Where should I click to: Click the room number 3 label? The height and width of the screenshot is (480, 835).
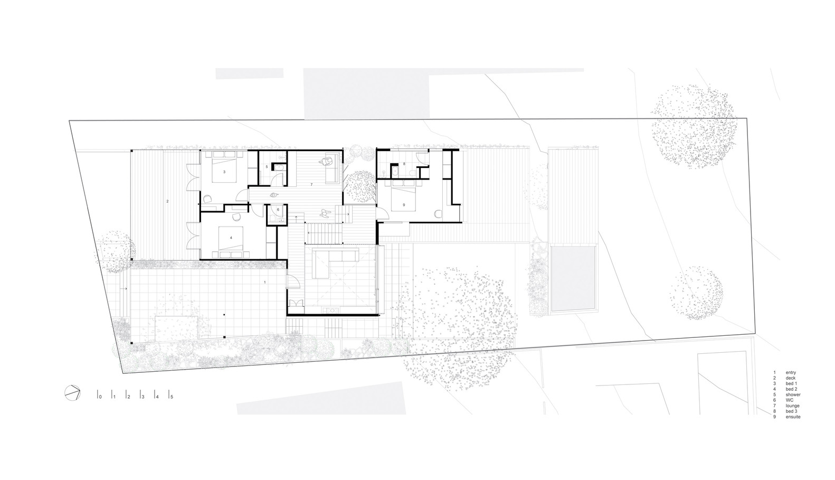click(x=224, y=172)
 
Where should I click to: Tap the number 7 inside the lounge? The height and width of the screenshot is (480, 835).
click(x=312, y=184)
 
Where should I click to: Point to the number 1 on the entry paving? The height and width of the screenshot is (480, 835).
click(x=265, y=283)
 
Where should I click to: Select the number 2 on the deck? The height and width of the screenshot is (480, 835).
click(x=167, y=201)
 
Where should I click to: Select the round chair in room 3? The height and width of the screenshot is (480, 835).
click(x=207, y=199)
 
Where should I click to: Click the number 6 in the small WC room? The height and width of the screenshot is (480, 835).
click(x=278, y=210)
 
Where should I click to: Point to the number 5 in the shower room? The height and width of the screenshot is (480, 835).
click(x=267, y=167)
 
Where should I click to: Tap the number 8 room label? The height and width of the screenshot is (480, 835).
click(x=404, y=164)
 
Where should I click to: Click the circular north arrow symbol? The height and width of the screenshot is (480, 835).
click(x=72, y=392)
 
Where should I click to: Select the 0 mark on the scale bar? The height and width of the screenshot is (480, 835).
click(x=99, y=396)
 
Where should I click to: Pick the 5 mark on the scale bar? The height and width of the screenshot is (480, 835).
click(x=170, y=396)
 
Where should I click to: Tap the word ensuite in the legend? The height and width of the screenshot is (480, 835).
click(x=793, y=417)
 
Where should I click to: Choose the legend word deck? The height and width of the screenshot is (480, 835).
click(x=790, y=378)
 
